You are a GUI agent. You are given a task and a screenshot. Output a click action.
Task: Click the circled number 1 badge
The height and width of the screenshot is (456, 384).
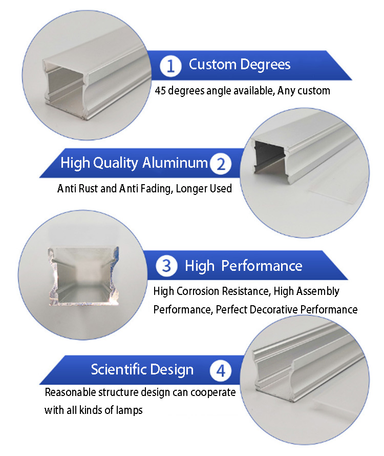pyautogui.click(x=170, y=66)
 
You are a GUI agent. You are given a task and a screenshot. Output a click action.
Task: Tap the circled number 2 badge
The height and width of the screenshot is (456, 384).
pyautogui.click(x=221, y=164)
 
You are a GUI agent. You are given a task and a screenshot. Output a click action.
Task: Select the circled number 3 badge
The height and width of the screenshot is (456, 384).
pyautogui.click(x=166, y=266)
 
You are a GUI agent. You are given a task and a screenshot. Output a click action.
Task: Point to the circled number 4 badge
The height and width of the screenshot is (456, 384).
pyautogui.click(x=221, y=370)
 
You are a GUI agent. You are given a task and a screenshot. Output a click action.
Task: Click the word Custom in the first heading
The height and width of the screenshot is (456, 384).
pyautogui.click(x=212, y=64)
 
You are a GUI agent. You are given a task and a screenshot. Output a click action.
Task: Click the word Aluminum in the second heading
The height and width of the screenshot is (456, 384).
pyautogui.click(x=175, y=163)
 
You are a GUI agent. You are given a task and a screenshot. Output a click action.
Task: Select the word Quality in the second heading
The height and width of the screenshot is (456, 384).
pyautogui.click(x=116, y=163)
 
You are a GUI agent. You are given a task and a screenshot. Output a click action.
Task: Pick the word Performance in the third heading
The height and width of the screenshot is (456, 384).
pyautogui.click(x=262, y=266)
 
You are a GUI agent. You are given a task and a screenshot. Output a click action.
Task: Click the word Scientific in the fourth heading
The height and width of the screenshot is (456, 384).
pyautogui.click(x=119, y=369)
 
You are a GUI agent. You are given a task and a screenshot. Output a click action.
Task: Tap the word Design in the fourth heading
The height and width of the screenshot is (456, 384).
pyautogui.click(x=172, y=370)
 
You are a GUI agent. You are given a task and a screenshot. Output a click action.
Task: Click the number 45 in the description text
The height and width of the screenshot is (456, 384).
pyautogui.click(x=160, y=91)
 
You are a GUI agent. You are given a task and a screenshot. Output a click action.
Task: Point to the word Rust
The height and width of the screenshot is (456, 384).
pyautogui.click(x=88, y=188)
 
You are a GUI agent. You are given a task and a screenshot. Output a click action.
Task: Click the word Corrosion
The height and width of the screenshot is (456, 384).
pyautogui.click(x=198, y=291)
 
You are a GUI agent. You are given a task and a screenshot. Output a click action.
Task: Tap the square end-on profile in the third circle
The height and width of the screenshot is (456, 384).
pyautogui.click(x=83, y=276)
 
